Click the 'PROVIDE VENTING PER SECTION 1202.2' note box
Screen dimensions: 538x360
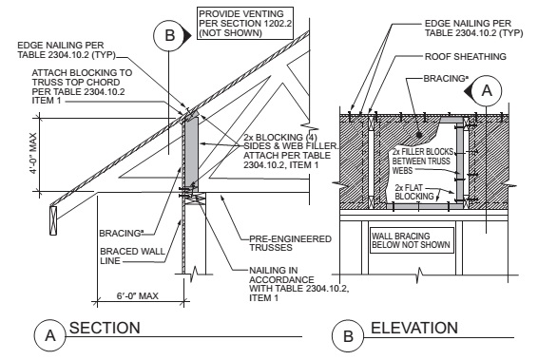[245, 23]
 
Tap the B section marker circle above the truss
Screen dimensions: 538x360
[169, 35]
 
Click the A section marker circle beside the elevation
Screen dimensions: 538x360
[487, 90]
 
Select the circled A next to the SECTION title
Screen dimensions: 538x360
[50, 335]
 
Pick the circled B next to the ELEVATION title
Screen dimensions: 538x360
[348, 335]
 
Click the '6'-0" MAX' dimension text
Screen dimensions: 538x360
[137, 296]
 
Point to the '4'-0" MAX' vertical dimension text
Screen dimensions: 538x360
[33, 153]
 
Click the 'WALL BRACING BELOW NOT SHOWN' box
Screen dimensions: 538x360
[411, 240]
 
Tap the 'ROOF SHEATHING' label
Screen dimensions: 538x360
[465, 57]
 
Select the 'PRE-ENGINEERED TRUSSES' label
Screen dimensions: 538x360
[290, 243]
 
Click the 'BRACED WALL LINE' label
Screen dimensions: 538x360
[132, 256]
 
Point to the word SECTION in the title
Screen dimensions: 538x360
[105, 328]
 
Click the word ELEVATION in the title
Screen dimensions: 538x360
[414, 328]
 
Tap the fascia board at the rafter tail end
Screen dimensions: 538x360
[53, 219]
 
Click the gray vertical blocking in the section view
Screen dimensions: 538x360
[191, 151]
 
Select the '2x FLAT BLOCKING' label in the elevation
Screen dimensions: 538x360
[414, 192]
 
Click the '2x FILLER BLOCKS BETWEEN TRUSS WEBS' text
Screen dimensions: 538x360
[422, 161]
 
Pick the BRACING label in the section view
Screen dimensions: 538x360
[121, 233]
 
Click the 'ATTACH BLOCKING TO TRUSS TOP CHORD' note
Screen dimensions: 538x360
[82, 86]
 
